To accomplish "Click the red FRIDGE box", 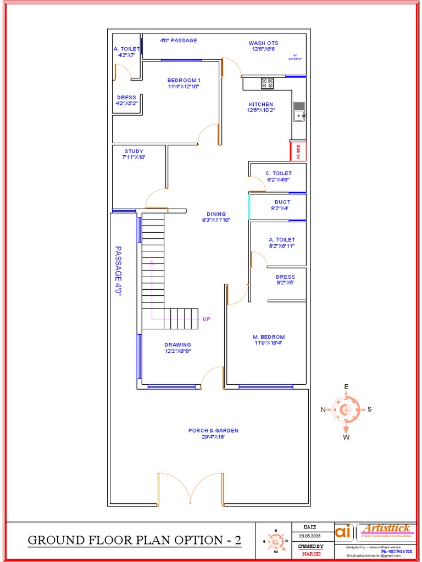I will tap(298, 151).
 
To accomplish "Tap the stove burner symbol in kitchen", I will tap(267, 83).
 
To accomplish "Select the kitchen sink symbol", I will tap(299, 112).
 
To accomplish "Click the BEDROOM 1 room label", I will tap(184, 81).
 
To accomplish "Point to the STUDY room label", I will tap(134, 151).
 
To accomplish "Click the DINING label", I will tap(216, 214).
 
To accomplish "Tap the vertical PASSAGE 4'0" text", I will tap(118, 271).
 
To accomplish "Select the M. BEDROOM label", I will tap(269, 337).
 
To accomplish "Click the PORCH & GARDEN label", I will tap(213, 431).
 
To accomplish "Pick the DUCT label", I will tap(282, 202).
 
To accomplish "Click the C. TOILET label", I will tap(279, 173).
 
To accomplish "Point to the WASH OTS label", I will tap(263, 43).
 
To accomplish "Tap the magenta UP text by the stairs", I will tap(207, 319).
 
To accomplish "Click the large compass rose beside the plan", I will tap(346, 409).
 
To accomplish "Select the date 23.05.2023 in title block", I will tap(310, 536).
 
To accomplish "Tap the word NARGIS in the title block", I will tap(311, 554).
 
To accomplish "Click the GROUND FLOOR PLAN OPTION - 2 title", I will tap(135, 540).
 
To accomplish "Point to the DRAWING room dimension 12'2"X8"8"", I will tap(178, 351).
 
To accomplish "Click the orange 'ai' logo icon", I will tap(343, 532).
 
